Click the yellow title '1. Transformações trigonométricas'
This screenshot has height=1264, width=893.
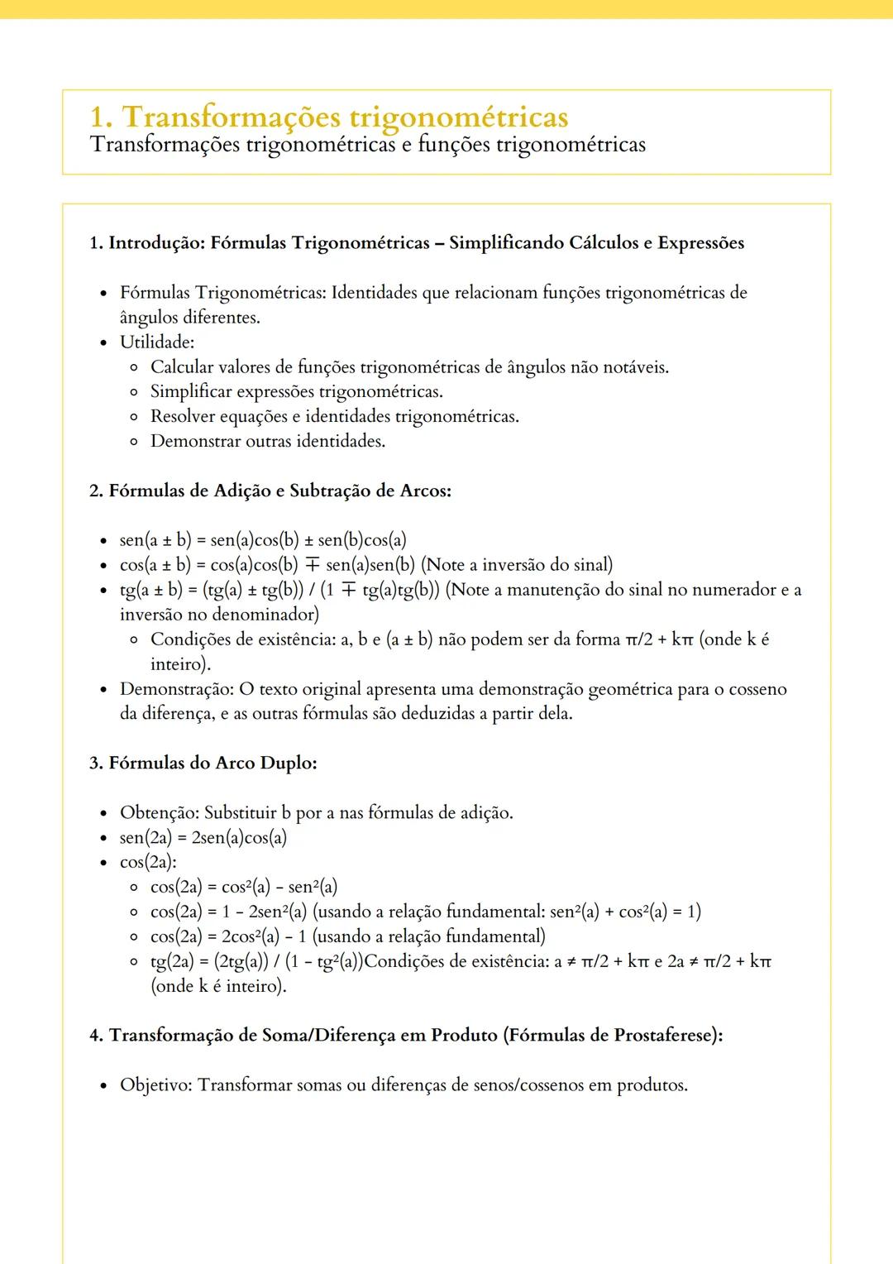pyautogui.click(x=328, y=117)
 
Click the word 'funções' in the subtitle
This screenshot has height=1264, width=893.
pyautogui.click(x=453, y=145)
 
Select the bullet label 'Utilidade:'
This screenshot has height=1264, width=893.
pyautogui.click(x=157, y=342)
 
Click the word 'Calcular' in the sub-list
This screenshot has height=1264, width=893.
pyautogui.click(x=181, y=367)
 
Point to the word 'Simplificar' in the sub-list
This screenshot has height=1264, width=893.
pyautogui.click(x=190, y=392)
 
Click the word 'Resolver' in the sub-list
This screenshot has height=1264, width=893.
pyautogui.click(x=183, y=417)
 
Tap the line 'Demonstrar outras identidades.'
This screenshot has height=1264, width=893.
pyautogui.click(x=267, y=442)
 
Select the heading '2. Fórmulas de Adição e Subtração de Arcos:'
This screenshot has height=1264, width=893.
pyautogui.click(x=270, y=491)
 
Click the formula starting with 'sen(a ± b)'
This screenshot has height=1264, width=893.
pyautogui.click(x=263, y=541)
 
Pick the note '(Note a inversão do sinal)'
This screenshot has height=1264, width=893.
pyautogui.click(x=517, y=565)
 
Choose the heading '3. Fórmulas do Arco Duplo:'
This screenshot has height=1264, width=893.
pyautogui.click(x=203, y=764)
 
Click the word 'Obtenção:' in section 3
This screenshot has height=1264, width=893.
pyautogui.click(x=160, y=813)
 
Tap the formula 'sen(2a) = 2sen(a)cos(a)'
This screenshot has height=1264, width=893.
pyautogui.click(x=203, y=838)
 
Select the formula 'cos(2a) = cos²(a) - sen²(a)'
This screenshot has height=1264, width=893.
pyautogui.click(x=244, y=888)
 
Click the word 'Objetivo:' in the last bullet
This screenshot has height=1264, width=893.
pyautogui.click(x=156, y=1085)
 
